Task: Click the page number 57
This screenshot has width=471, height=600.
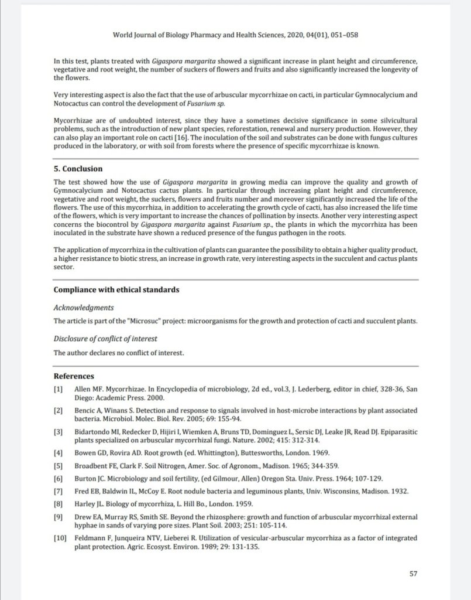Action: pyautogui.click(x=412, y=574)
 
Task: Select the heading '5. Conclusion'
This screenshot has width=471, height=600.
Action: pyautogui.click(x=78, y=169)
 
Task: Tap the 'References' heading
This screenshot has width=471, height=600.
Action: pyautogui.click(x=74, y=376)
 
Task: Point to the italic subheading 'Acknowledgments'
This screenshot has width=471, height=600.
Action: pyautogui.click(x=83, y=308)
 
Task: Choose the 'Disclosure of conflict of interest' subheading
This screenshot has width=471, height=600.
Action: pyautogui.click(x=105, y=339)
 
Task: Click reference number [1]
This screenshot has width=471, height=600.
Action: pyautogui.click(x=58, y=389)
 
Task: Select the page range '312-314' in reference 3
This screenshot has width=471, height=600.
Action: pyautogui.click(x=301, y=440)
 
